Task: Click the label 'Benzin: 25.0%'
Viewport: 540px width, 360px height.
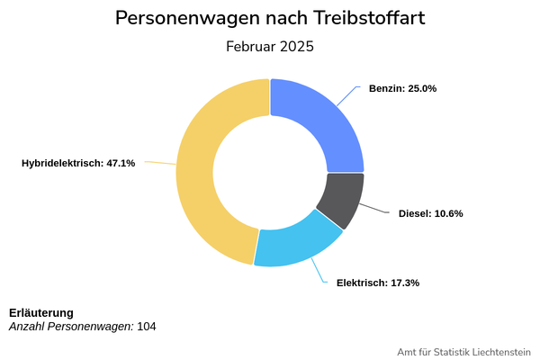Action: click(402, 89)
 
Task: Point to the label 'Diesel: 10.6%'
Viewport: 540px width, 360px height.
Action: click(430, 214)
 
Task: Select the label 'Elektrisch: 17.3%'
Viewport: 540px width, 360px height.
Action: click(378, 283)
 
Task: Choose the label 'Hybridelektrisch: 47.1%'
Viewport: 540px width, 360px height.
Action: click(78, 163)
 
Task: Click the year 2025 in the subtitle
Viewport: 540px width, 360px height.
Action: click(296, 47)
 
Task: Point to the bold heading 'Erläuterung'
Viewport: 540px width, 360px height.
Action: click(41, 312)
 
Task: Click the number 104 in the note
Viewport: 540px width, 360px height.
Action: click(147, 326)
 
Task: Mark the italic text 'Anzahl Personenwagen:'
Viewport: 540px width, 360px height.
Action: click(71, 326)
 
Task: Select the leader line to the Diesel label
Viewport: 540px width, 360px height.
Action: click(376, 211)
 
